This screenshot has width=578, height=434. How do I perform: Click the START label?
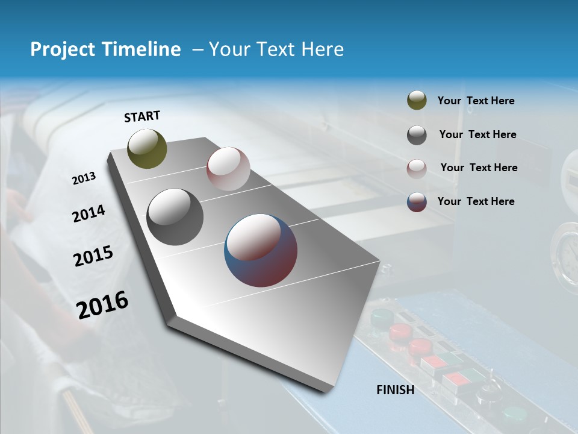tap(142, 116)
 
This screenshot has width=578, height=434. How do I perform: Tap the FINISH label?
tap(395, 390)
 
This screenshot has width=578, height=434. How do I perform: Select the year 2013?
tap(84, 178)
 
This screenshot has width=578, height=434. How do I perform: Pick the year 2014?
tap(89, 213)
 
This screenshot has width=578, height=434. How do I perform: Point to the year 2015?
tap(93, 257)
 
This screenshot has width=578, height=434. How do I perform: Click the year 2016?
tap(102, 304)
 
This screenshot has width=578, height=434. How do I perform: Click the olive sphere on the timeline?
tap(147, 148)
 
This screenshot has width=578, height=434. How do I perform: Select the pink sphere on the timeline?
tap(228, 169)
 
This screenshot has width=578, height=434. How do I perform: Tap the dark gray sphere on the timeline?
tap(175, 217)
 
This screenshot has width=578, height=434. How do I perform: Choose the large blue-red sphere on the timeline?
tap(261, 250)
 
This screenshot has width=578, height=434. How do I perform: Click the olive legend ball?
tap(417, 101)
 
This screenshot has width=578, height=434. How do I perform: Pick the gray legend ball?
tap(417, 134)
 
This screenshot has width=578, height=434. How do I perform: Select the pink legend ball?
tap(417, 168)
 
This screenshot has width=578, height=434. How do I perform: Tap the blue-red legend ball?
tap(417, 202)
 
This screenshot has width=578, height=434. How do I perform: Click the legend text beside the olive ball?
tap(476, 101)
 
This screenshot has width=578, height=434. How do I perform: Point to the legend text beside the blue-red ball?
tap(476, 201)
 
